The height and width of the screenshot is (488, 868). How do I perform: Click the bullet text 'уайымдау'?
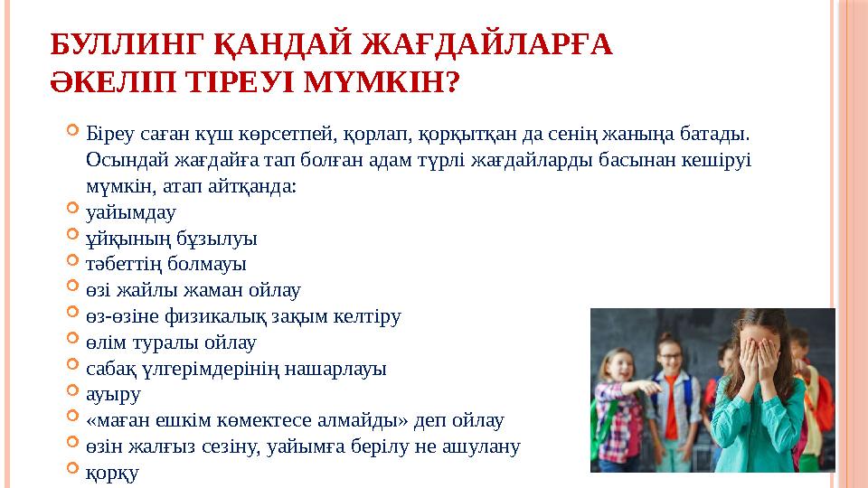(x=130, y=213)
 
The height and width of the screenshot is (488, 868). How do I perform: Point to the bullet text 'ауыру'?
(x=113, y=395)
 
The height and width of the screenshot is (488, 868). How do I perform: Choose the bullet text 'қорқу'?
(x=113, y=473)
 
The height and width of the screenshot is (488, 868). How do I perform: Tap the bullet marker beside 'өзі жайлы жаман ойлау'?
(x=74, y=288)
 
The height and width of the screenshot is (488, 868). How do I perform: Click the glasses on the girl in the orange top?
(x=670, y=356)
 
